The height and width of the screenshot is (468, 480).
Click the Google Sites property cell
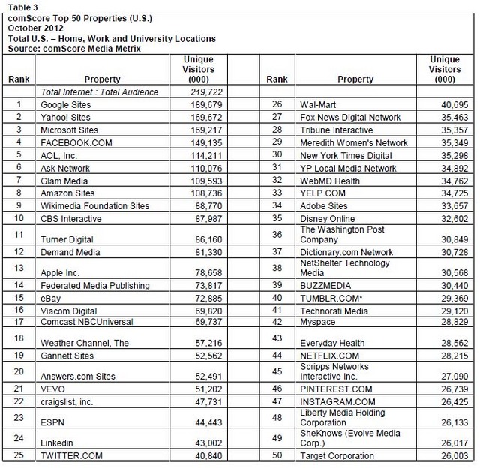(x=65, y=105)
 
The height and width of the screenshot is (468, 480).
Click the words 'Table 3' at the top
(x=22, y=7)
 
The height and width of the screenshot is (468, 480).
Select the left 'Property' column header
(x=103, y=79)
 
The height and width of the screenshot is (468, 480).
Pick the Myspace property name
(x=317, y=320)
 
